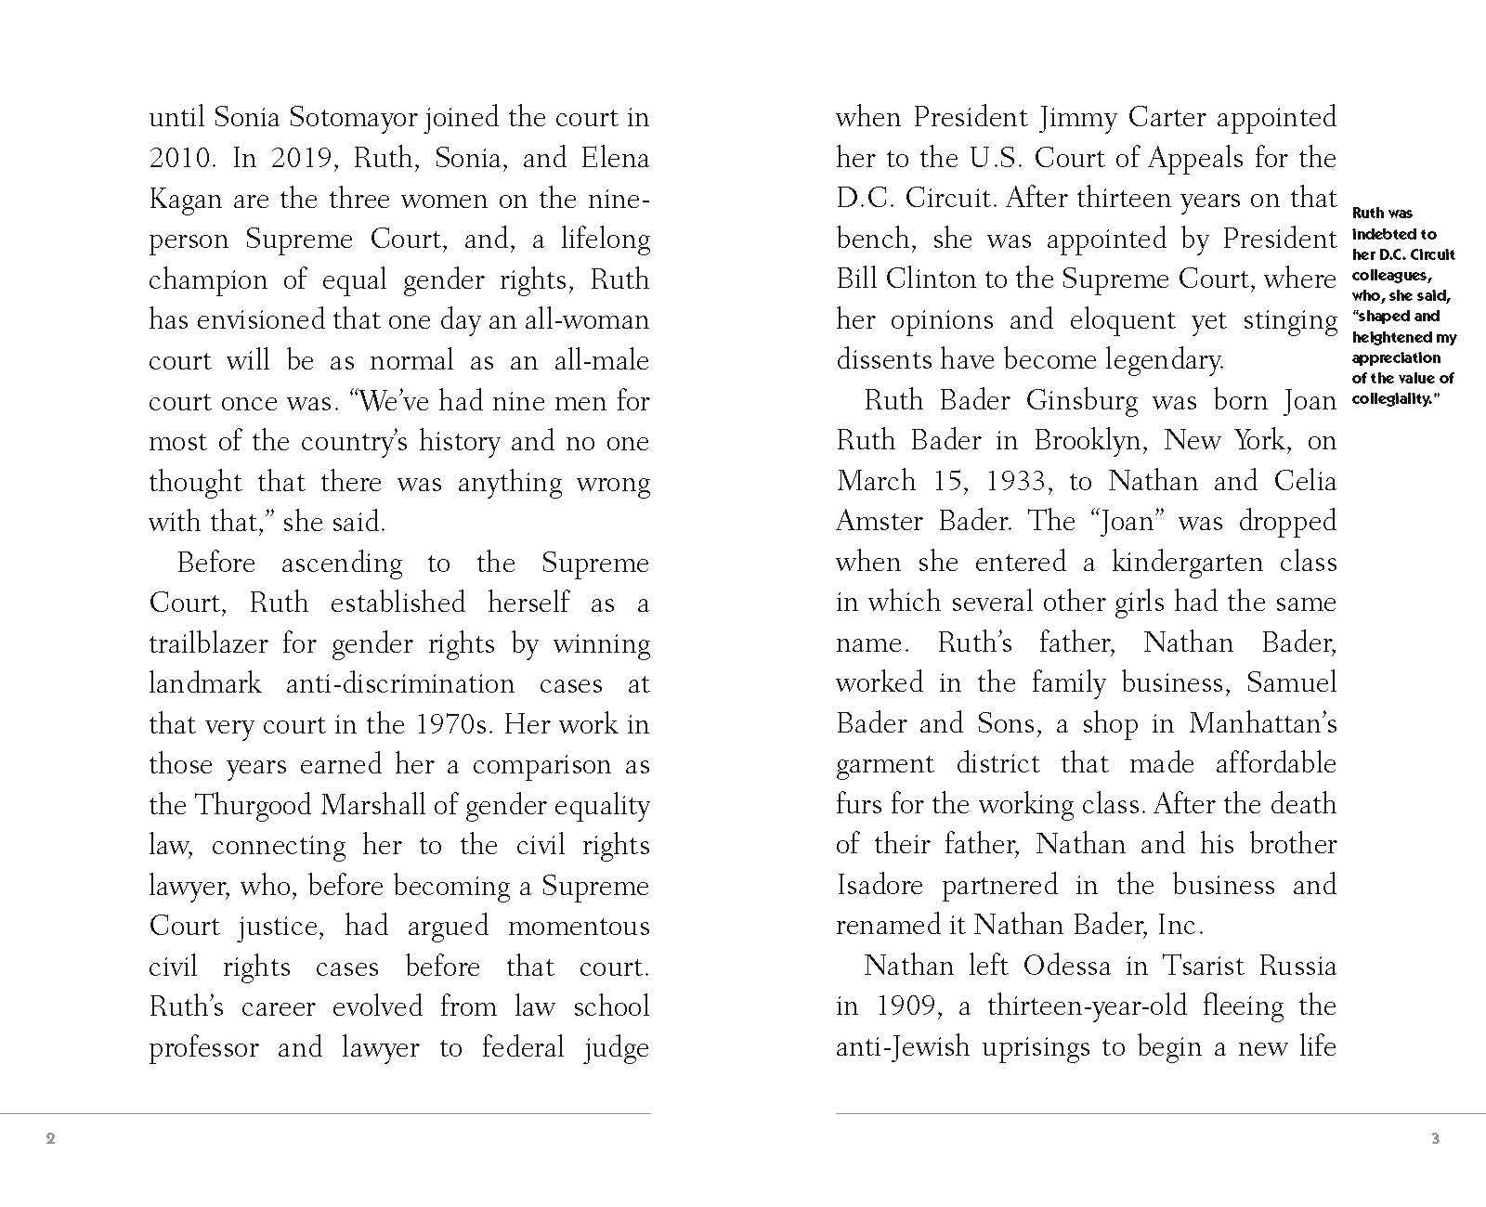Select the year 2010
tap(182, 159)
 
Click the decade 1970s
tap(453, 724)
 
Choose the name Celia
tap(1305, 481)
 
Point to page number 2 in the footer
tap(51, 1138)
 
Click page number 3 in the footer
tap(1435, 1138)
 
